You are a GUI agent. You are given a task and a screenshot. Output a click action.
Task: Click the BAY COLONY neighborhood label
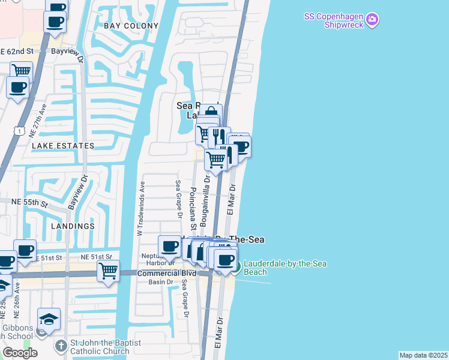[x=131, y=26]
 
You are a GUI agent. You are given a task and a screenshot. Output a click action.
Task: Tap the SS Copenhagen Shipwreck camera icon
[x=372, y=21]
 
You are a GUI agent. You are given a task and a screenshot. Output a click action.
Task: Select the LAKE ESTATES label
[x=63, y=146]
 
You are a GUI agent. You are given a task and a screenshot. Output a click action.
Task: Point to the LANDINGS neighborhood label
[x=73, y=226]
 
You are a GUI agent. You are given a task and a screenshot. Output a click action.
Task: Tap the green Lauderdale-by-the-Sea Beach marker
[x=235, y=267]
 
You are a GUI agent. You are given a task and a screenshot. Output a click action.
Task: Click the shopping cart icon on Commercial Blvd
[x=108, y=271]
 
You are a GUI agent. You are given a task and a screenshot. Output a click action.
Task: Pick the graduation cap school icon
[x=49, y=318]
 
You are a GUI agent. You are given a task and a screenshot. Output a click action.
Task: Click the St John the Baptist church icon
[x=61, y=346]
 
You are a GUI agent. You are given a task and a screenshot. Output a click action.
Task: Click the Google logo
[x=20, y=352]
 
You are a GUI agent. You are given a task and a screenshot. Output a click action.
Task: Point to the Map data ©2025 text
[x=423, y=355]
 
